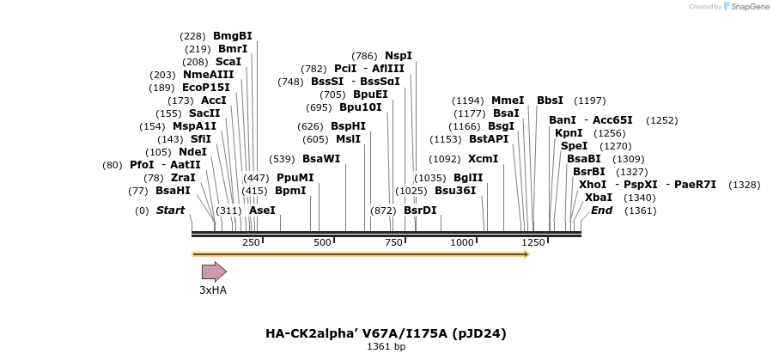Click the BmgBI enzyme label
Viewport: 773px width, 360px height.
click(x=233, y=36)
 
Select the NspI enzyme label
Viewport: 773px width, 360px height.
click(x=399, y=56)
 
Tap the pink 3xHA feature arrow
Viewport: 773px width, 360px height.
click(x=214, y=272)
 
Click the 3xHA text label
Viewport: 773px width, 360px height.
click(x=213, y=290)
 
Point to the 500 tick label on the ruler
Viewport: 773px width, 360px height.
click(x=322, y=242)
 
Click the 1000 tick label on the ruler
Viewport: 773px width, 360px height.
click(x=462, y=242)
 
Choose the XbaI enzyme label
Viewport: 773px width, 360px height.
click(x=599, y=198)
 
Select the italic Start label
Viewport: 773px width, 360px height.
click(x=170, y=211)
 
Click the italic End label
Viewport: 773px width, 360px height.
click(x=601, y=211)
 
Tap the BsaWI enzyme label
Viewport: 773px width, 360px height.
click(x=321, y=159)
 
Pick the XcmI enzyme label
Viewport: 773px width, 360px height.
click(x=483, y=159)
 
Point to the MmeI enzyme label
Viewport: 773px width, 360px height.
click(x=508, y=101)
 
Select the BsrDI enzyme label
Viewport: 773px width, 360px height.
click(x=420, y=211)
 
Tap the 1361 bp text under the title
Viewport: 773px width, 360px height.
click(x=386, y=347)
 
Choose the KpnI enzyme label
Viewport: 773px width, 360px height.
click(x=569, y=133)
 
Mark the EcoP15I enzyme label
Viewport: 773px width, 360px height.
click(x=206, y=88)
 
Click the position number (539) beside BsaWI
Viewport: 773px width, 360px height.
click(x=282, y=159)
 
